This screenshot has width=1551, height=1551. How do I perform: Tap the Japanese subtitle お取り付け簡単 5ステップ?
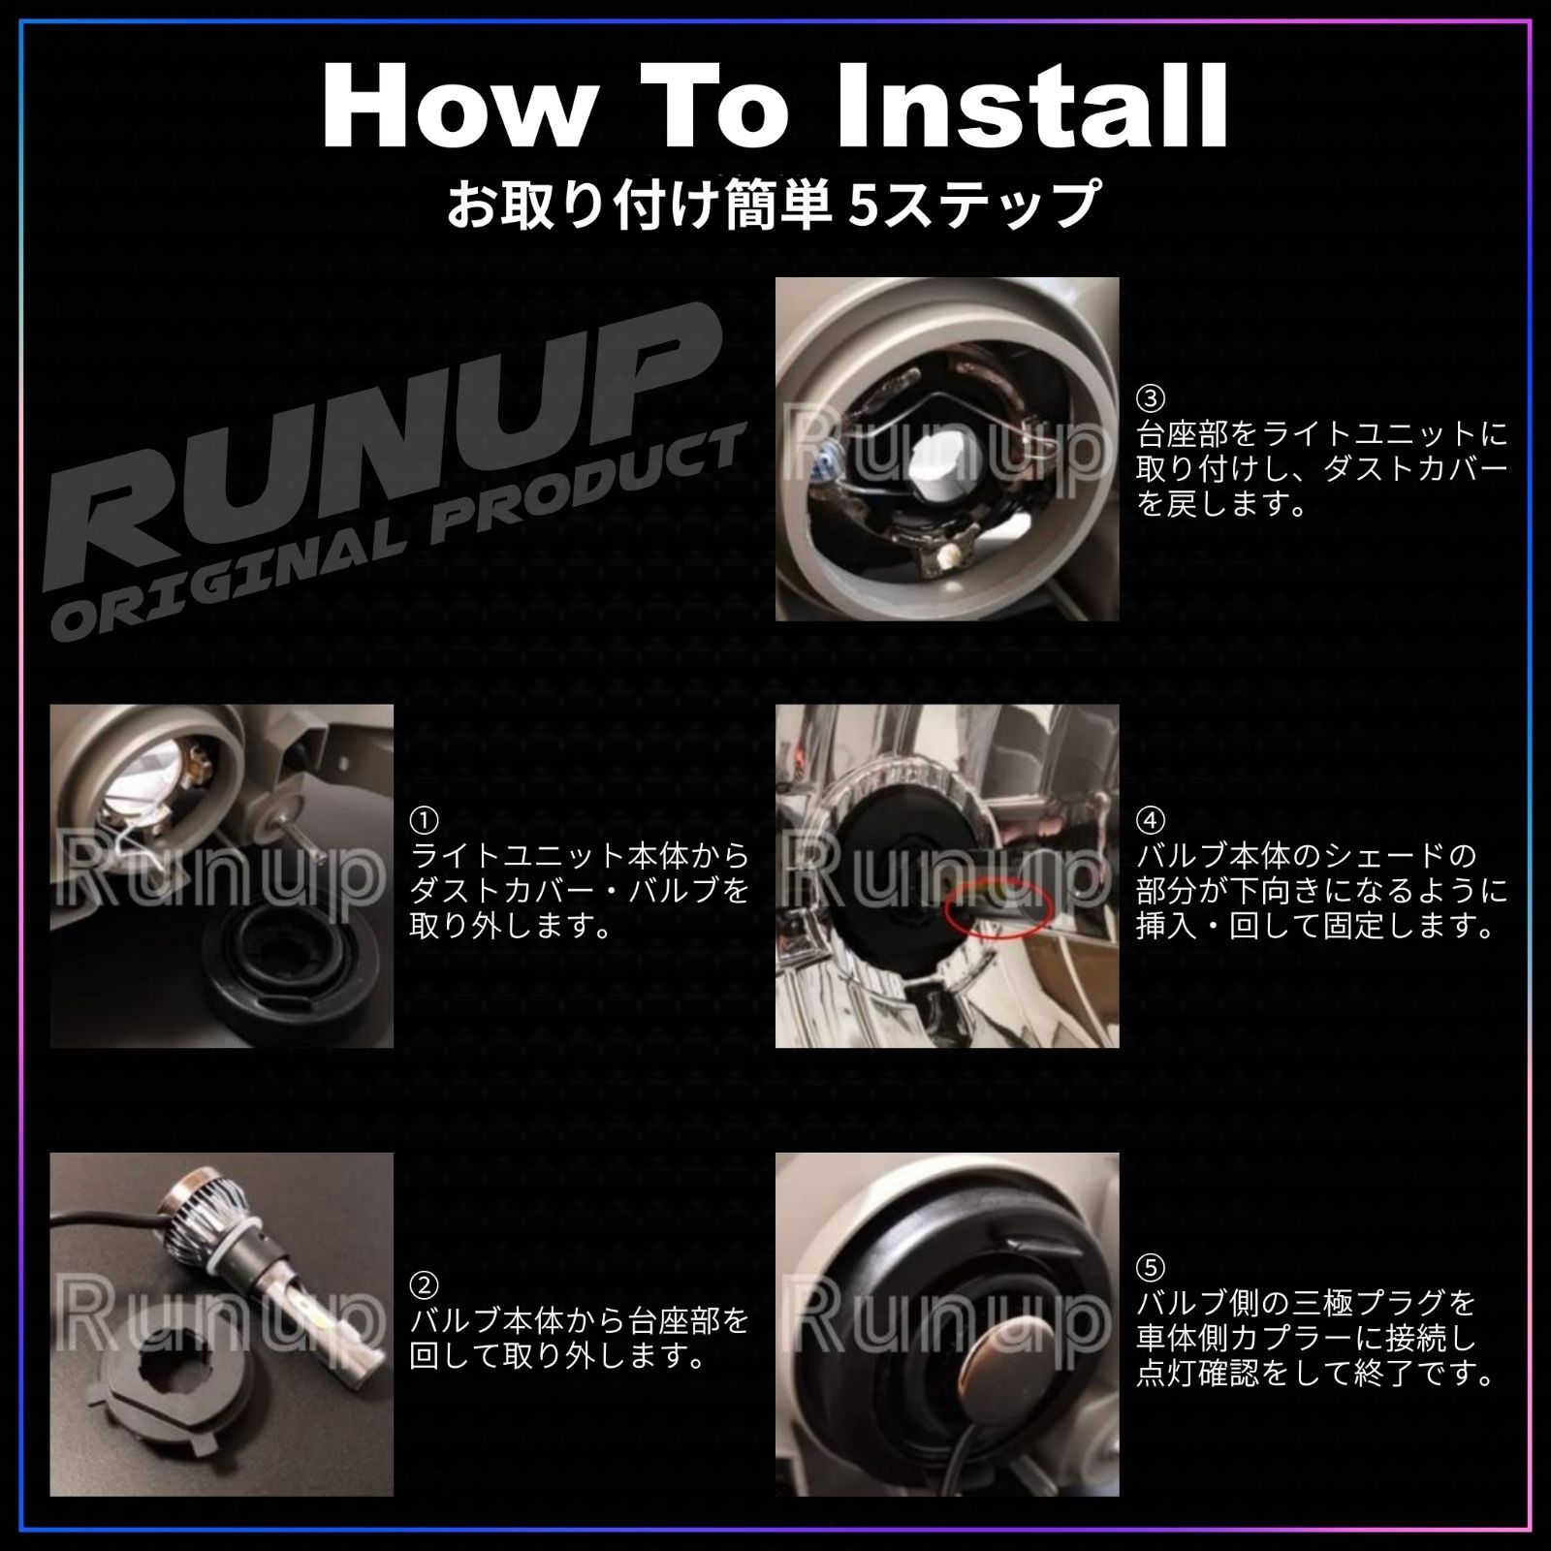click(773, 203)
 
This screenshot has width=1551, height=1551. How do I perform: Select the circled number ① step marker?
click(424, 821)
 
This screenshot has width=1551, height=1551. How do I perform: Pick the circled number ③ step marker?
click(1151, 397)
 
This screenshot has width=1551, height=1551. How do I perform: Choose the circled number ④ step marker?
click(1151, 821)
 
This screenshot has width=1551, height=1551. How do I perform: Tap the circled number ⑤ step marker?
click(1151, 1267)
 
